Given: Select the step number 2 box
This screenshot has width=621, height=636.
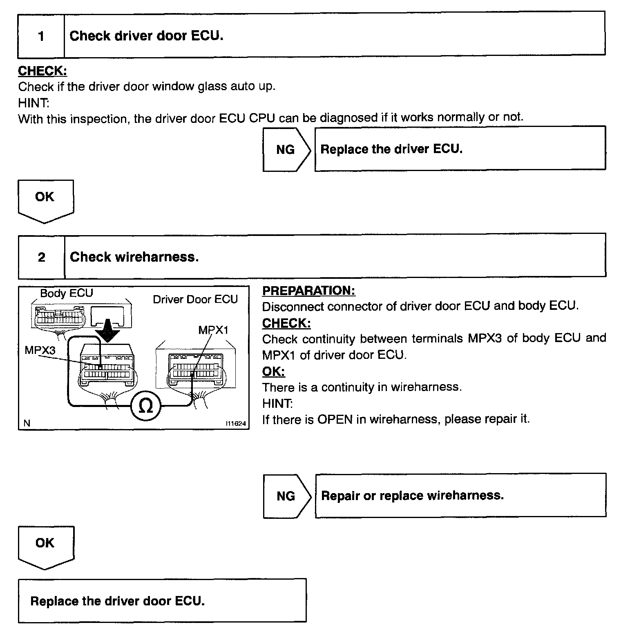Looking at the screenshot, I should click(41, 257).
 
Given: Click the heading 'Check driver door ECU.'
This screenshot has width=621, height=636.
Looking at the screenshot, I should click(146, 36).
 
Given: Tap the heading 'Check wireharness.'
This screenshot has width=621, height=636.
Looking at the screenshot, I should click(134, 257).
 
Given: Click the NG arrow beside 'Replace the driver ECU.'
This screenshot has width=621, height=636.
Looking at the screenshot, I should click(286, 149).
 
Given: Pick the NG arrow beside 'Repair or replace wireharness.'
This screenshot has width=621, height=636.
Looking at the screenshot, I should click(286, 496).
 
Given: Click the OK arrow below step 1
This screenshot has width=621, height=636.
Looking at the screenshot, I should click(45, 199).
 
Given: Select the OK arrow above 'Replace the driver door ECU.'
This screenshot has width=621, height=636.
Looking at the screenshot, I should click(45, 545).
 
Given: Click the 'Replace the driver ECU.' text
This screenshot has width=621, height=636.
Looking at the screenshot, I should click(391, 149).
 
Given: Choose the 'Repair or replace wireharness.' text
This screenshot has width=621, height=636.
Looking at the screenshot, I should click(412, 496).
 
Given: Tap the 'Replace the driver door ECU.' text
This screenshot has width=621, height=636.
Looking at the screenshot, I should click(117, 601).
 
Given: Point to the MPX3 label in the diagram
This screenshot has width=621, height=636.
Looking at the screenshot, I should click(40, 350).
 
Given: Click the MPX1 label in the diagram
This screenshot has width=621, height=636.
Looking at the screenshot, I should click(213, 330).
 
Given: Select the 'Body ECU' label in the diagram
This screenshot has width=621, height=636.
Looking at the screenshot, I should click(66, 293).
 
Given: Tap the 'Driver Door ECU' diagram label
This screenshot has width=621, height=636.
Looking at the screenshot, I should click(195, 299).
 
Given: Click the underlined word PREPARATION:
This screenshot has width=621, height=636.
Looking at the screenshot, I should click(308, 291).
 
